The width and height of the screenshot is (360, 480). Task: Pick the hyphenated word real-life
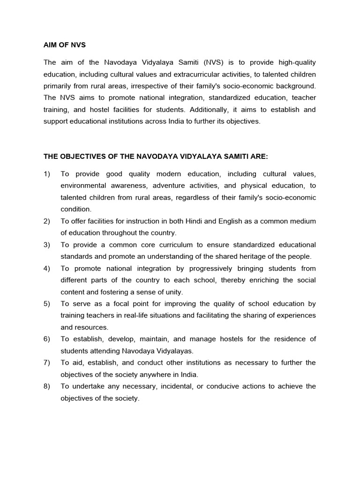click(150, 315)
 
